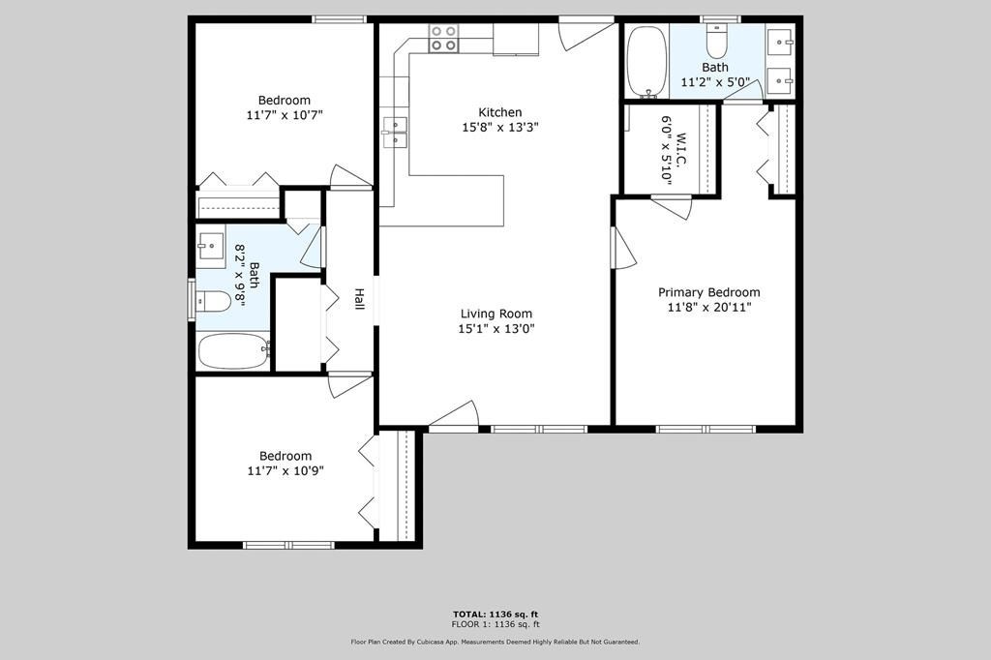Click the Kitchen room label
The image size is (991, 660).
pos(499,112)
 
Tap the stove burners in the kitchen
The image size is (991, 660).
pos(444,38)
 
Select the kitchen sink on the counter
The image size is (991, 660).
pos(395,133)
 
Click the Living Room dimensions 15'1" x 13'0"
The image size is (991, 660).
pos(495,329)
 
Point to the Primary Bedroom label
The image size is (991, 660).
pos(708,292)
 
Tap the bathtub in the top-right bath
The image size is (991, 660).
pos(646,60)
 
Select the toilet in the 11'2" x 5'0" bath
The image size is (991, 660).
pos(716,41)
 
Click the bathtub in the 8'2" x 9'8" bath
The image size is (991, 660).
pos(234,350)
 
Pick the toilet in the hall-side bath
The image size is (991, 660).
pos(214,302)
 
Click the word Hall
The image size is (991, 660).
pos(359,299)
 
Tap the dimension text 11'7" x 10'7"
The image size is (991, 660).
pos(284,115)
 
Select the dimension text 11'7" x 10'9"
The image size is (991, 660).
pos(285,471)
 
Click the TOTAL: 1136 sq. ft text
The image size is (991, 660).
pos(495,614)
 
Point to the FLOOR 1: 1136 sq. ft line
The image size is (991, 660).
pos(495,624)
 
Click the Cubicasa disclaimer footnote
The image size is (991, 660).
pos(495,642)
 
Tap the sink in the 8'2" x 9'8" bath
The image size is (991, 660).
pos(211,246)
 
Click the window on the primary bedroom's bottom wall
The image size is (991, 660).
pos(706,429)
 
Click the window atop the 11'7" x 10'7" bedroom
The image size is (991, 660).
pos(339,18)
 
